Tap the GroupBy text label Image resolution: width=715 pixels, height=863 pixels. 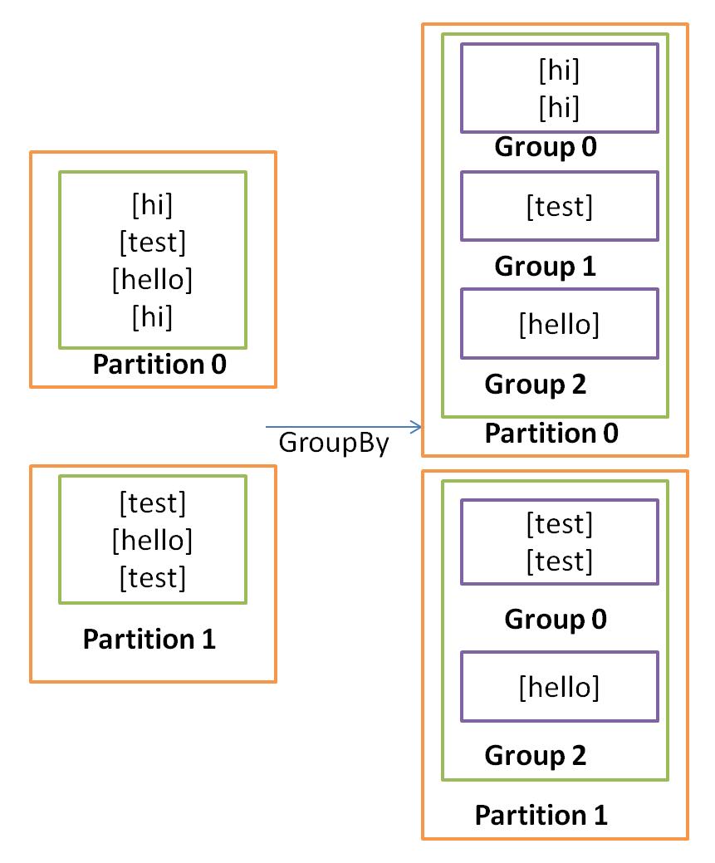(x=333, y=443)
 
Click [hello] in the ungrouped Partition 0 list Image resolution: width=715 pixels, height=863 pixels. (x=152, y=280)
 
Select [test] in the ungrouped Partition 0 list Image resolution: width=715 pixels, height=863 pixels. (x=152, y=243)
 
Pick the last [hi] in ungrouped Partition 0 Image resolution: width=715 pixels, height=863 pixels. (x=152, y=316)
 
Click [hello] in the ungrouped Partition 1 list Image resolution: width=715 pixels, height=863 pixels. (x=152, y=540)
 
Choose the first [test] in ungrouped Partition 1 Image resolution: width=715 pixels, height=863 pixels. (x=152, y=503)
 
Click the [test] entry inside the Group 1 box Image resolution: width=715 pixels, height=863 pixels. (x=559, y=206)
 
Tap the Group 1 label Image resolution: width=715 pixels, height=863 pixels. (x=545, y=267)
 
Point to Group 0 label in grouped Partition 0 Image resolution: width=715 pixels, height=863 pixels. (x=545, y=148)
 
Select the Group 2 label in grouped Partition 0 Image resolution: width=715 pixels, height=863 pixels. (x=535, y=385)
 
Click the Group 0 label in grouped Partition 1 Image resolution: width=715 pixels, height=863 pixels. (x=555, y=620)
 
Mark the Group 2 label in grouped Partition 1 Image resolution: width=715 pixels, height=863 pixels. (x=535, y=756)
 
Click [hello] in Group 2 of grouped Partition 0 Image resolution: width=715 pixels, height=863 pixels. (x=559, y=324)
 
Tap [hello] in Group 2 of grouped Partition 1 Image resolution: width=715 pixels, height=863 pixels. (x=559, y=687)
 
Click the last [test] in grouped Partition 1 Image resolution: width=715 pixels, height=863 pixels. (x=559, y=561)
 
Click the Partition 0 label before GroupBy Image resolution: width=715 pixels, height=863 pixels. (x=159, y=365)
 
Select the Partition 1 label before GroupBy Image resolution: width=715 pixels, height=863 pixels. (x=149, y=640)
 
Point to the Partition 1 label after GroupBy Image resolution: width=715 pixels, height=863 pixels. (x=541, y=816)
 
